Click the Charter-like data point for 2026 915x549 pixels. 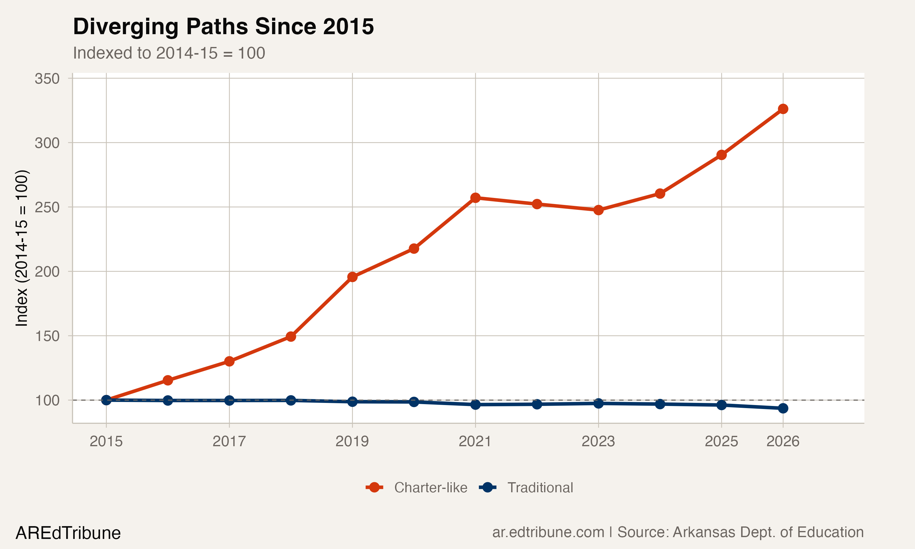click(x=783, y=109)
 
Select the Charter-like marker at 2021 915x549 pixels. click(x=475, y=198)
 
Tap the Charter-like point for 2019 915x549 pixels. click(x=352, y=277)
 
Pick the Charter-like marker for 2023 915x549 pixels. click(x=598, y=210)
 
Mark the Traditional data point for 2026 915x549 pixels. click(x=783, y=408)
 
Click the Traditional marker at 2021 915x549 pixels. click(x=475, y=405)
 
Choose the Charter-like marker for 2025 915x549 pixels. click(x=721, y=155)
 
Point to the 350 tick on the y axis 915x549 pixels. click(x=47, y=79)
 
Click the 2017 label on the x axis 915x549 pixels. click(x=229, y=441)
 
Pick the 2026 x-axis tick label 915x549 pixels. click(x=783, y=441)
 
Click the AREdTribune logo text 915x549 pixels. click(x=68, y=533)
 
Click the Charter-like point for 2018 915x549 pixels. click(x=291, y=336)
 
